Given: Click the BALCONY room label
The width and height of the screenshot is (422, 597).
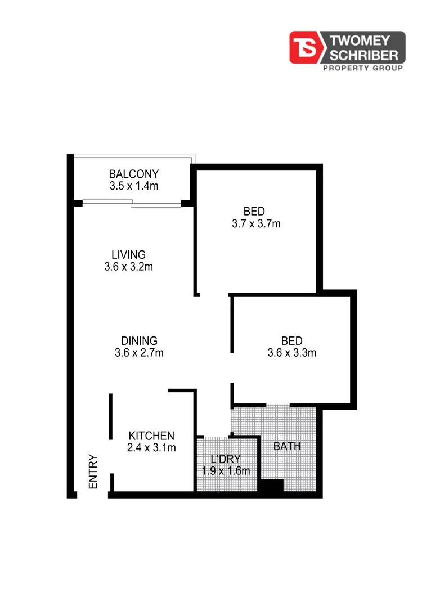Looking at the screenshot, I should coord(134,174).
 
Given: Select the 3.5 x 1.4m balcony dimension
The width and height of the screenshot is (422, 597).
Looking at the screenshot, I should coord(134,186).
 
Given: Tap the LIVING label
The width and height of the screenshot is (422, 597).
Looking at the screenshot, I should coord(128,255).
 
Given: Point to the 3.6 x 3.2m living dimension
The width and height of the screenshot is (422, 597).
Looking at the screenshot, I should coord(128,267).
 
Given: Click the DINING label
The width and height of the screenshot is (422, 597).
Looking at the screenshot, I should coord(139,341).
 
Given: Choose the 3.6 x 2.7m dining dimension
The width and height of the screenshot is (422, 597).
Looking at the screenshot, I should coord(139,353).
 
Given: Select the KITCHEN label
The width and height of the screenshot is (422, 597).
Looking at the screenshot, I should coord(151,436).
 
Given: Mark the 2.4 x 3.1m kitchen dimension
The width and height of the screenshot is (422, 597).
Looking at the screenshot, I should coord(151,448).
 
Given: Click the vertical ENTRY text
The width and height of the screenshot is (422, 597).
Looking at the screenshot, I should coord(93,472).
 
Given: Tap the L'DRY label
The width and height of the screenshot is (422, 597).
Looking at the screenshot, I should coord(226,459).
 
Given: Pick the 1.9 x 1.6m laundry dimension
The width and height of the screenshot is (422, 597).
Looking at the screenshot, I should coord(226,471).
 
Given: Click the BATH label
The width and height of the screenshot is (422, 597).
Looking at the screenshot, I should coord(287,447).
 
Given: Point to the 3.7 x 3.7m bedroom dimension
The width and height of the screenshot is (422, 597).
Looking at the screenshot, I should coord(256,223).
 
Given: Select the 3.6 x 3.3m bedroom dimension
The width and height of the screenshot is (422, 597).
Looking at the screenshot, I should coord(291,353).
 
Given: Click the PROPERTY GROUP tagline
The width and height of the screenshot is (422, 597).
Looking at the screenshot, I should coord(362,68).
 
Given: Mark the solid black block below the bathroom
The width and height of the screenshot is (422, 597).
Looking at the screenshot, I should coord(271,487).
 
